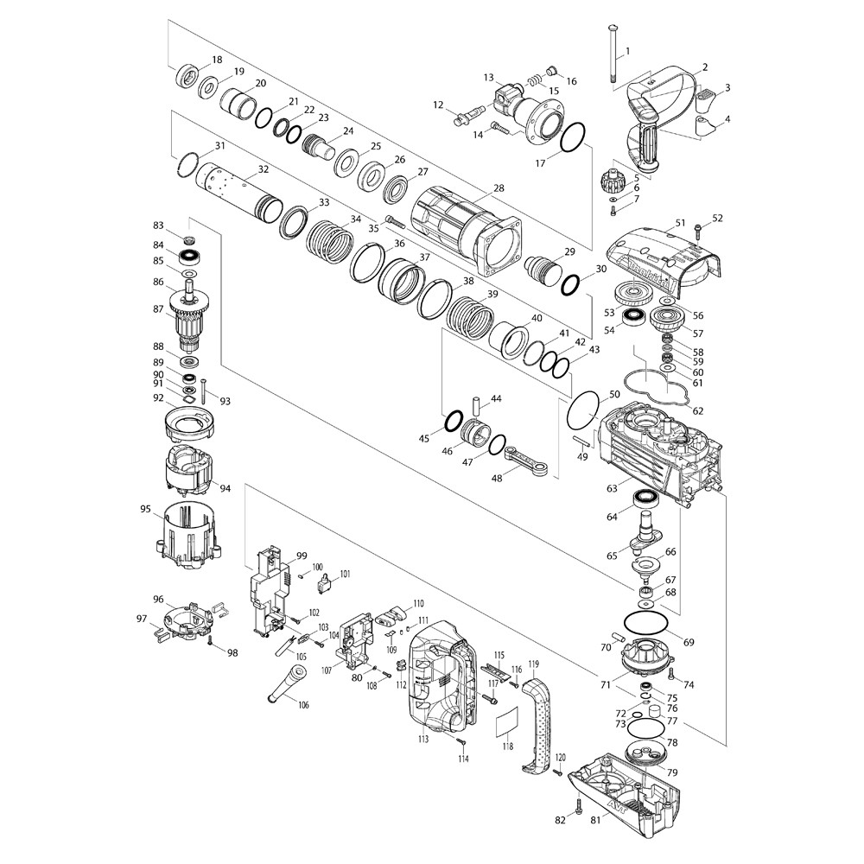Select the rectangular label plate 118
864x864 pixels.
click(507, 721)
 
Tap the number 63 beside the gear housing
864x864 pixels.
click(612, 489)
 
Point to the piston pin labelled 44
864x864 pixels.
click(475, 405)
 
